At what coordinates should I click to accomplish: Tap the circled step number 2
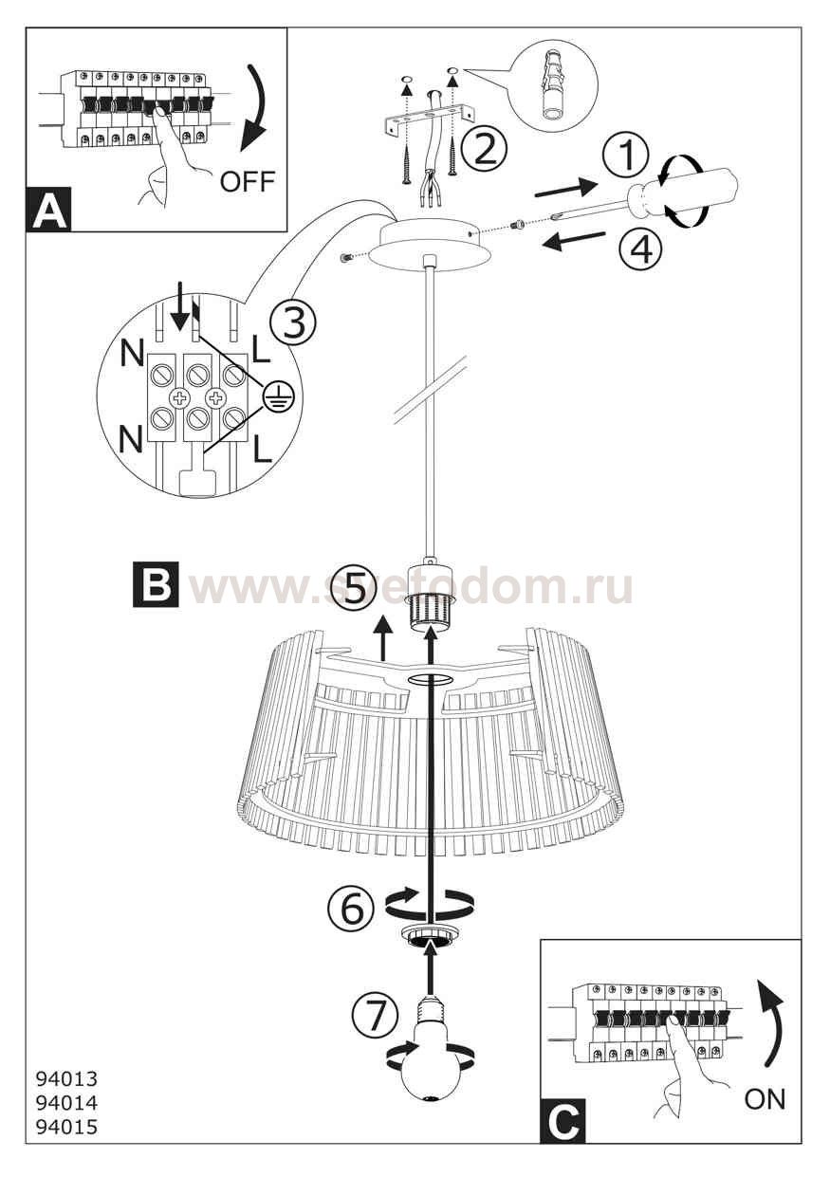click(x=484, y=149)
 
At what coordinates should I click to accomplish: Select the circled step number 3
click(x=293, y=322)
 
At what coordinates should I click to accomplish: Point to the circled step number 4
click(x=638, y=248)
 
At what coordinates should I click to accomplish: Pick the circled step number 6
click(x=351, y=907)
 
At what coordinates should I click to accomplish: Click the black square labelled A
click(x=49, y=211)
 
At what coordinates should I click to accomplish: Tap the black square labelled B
click(x=156, y=585)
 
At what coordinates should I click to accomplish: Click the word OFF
click(x=247, y=182)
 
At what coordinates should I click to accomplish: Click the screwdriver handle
click(x=689, y=197)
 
